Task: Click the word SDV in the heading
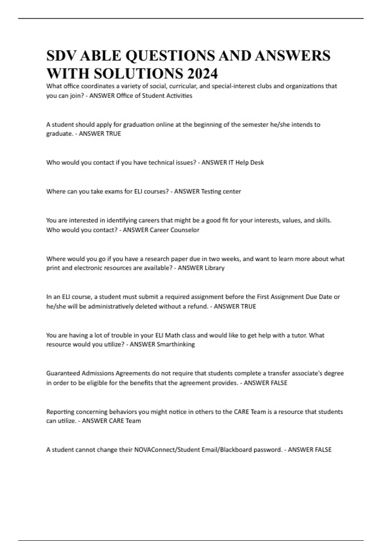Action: click(61, 56)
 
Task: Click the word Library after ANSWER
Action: click(215, 268)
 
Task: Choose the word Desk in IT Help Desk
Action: click(257, 162)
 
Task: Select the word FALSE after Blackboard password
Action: click(323, 450)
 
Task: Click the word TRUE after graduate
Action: click(113, 134)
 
